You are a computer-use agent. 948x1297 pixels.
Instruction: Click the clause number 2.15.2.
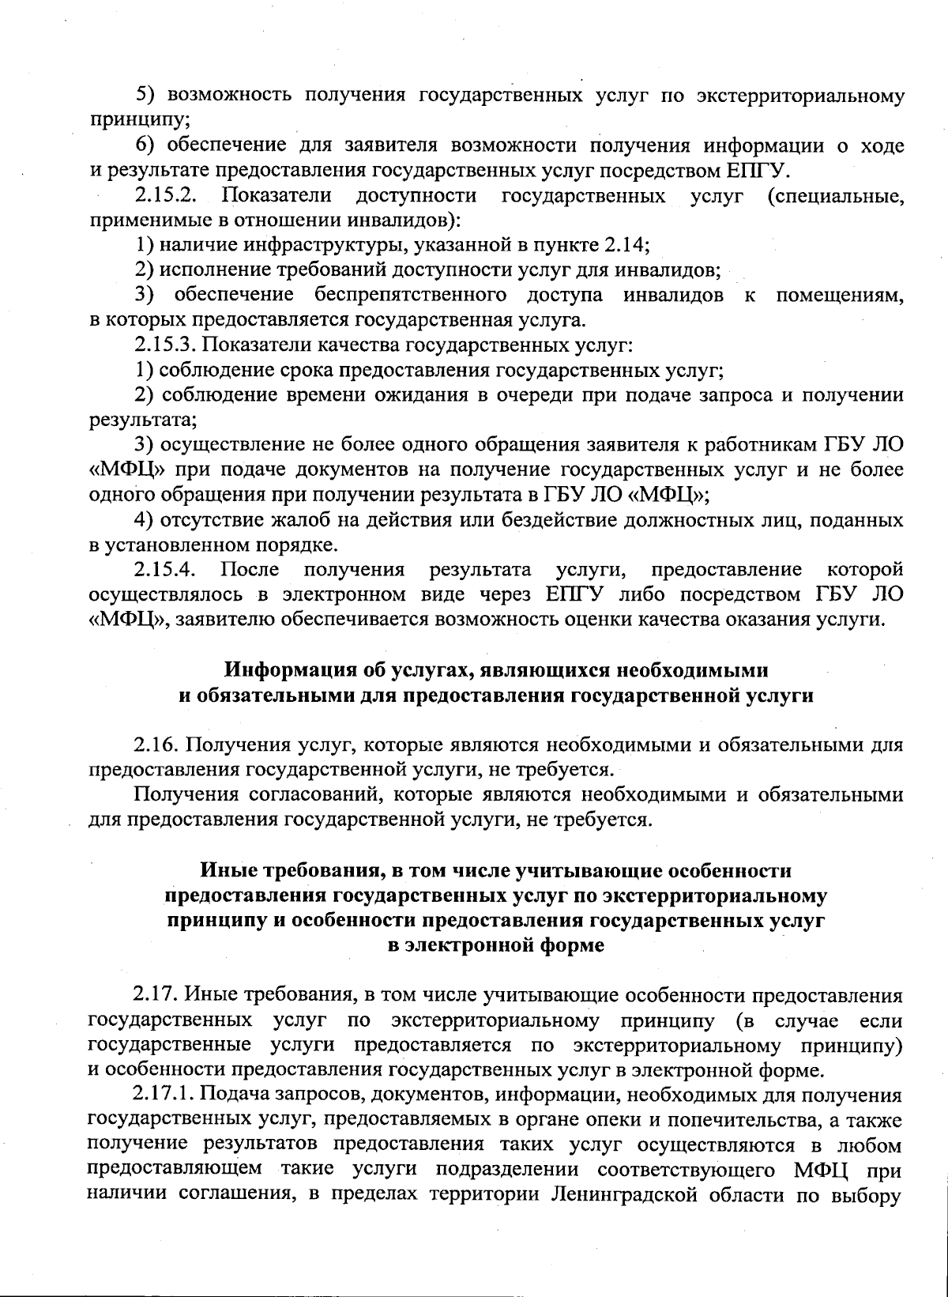[x=164, y=195]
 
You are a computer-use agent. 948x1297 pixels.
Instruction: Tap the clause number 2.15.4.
[x=164, y=569]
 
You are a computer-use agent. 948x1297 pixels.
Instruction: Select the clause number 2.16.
[x=154, y=744]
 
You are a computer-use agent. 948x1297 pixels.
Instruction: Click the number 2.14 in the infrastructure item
[x=629, y=245]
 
